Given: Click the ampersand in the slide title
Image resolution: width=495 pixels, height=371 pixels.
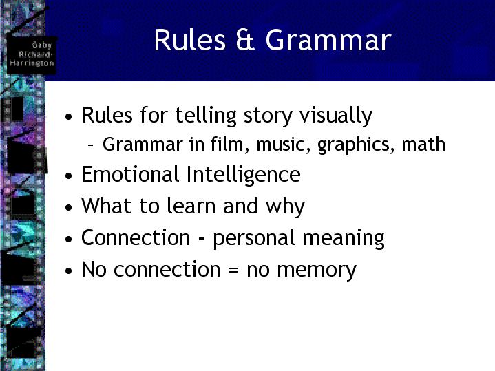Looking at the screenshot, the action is coord(245,39).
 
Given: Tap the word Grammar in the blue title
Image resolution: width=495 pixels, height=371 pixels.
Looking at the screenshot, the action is coord(328,40).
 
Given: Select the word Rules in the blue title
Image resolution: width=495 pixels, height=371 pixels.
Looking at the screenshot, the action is coord(190,39).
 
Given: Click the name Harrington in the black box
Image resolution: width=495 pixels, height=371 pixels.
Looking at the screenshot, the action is coord(32,63).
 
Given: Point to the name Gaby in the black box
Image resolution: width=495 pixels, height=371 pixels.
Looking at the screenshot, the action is coord(42,45).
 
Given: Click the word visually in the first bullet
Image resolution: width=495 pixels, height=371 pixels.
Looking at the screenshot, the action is coord(336,116).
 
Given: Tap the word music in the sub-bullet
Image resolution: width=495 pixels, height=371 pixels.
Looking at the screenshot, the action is coord(284,145).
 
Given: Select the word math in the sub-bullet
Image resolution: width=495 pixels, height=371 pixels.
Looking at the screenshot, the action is coord(423,144).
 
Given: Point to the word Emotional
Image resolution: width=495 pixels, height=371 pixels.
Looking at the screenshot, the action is coord(130,174).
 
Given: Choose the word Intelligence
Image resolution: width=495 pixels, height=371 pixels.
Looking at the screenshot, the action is coord(244,175).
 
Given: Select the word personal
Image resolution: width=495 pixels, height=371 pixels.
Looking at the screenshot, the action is coord(253,238).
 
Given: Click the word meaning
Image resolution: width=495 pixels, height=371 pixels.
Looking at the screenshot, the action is coord(344,239).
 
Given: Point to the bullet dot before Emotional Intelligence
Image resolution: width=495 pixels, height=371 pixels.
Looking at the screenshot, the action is coord(69,176).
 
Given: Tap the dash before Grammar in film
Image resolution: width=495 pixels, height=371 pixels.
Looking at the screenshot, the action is coord(91,145).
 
